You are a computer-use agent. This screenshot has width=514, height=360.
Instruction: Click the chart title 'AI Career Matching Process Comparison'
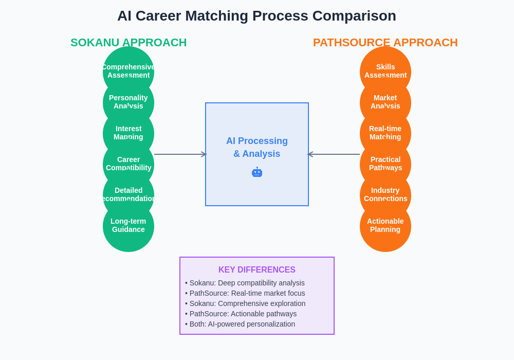(x=256, y=16)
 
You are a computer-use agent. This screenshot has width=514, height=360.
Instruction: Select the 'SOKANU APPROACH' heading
(x=128, y=42)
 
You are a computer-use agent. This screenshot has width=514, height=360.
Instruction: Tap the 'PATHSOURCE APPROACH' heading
(x=385, y=42)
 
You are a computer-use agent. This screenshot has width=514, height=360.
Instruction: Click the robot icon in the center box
(x=257, y=173)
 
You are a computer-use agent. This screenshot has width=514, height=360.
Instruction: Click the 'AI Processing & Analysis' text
(x=257, y=147)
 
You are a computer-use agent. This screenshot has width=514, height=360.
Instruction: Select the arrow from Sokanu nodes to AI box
(x=180, y=154)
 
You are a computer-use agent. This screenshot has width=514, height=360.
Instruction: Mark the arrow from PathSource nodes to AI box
(x=334, y=154)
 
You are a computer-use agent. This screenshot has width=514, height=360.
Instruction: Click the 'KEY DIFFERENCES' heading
(x=257, y=270)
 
